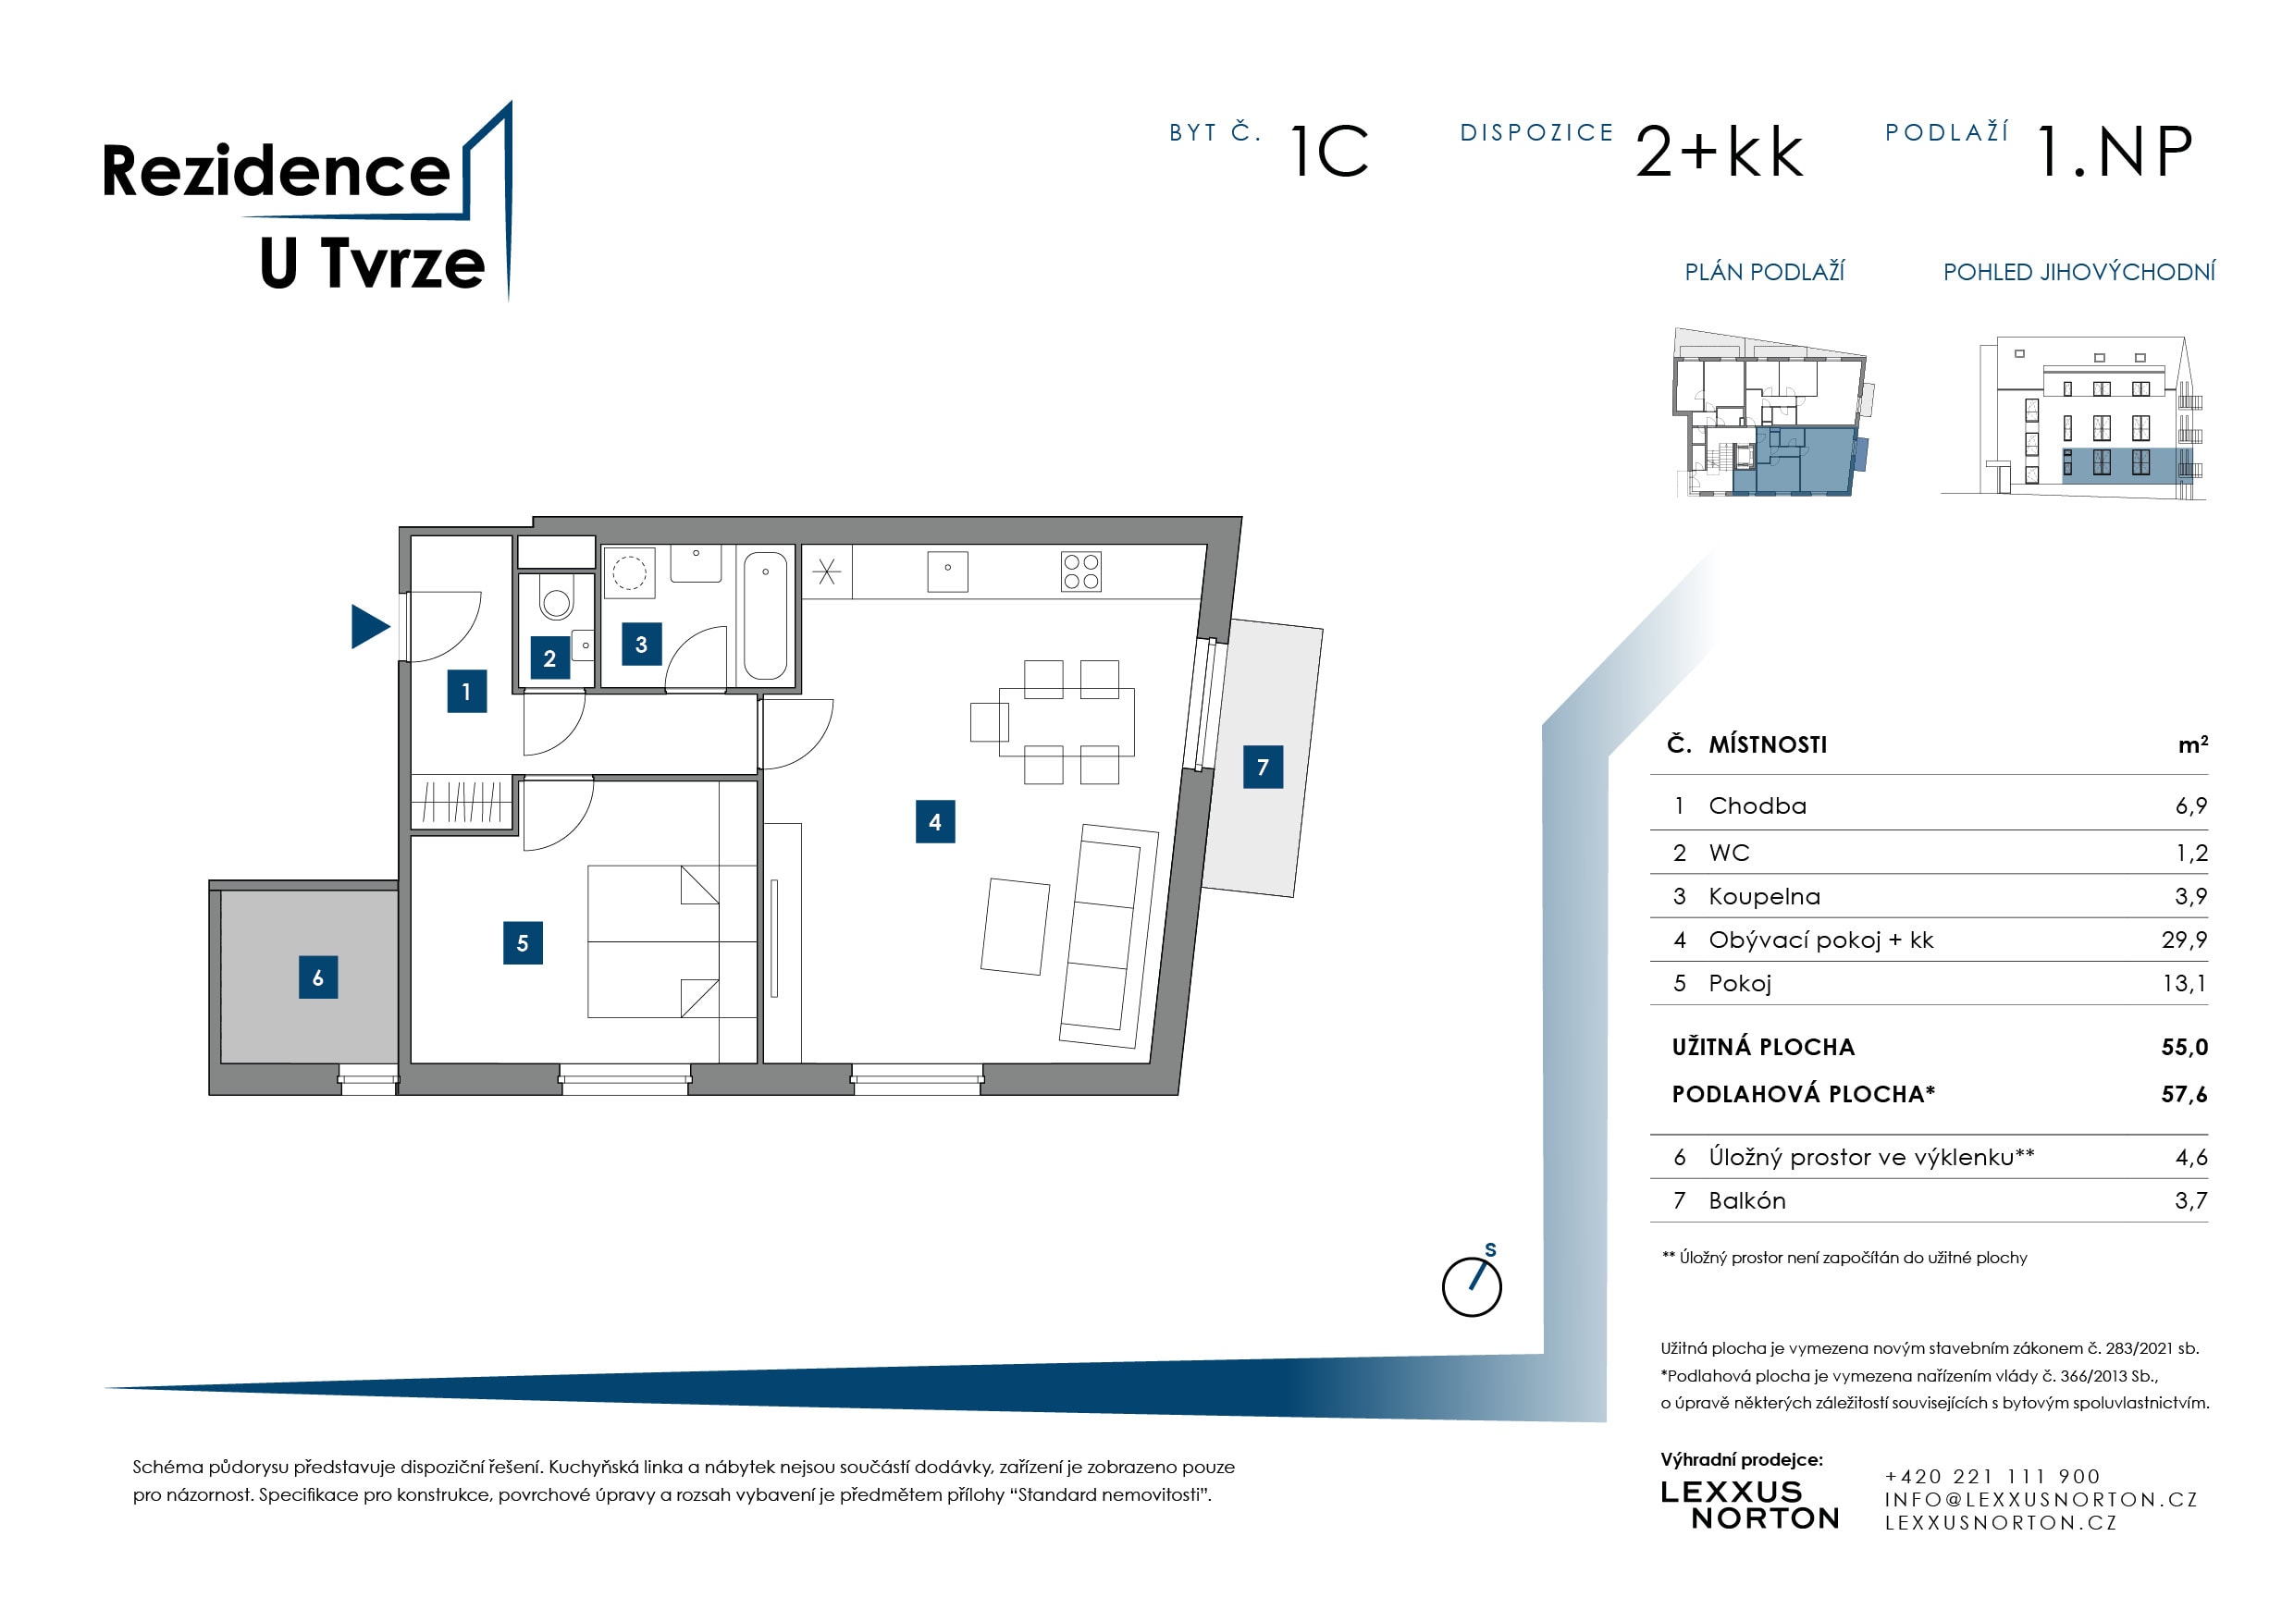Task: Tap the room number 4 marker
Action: pyautogui.click(x=934, y=821)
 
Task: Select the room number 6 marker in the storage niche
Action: pyautogui.click(x=317, y=977)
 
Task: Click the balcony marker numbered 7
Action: pyautogui.click(x=1262, y=766)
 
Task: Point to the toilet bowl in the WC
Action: pyautogui.click(x=556, y=599)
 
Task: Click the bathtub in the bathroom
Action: pyautogui.click(x=764, y=615)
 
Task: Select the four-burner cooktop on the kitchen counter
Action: pyautogui.click(x=1080, y=572)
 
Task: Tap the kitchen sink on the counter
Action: pyautogui.click(x=946, y=571)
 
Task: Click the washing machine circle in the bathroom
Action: pyautogui.click(x=628, y=572)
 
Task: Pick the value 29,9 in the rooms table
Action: pyautogui.click(x=2183, y=940)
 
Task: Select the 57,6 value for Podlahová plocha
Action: pyautogui.click(x=2183, y=1094)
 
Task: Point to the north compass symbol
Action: pyautogui.click(x=1471, y=1285)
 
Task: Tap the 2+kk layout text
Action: pyautogui.click(x=1719, y=152)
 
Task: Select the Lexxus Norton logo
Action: pyautogui.click(x=1748, y=1505)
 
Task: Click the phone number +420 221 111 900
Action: pyautogui.click(x=1992, y=1475)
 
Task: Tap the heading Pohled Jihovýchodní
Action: pyautogui.click(x=2078, y=272)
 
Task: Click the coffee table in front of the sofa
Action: pyautogui.click(x=1014, y=926)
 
